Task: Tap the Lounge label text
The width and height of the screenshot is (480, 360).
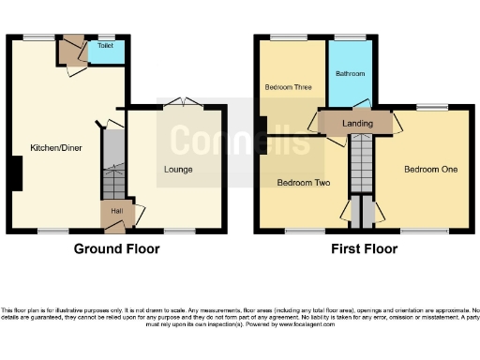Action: coord(178,170)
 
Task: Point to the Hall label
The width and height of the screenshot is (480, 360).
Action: coord(115,212)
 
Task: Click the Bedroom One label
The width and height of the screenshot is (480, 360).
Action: coord(430,170)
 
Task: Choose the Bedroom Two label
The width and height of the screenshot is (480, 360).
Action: coord(300,183)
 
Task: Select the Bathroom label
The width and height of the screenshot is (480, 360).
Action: coord(351,73)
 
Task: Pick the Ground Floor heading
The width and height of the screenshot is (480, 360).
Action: coord(116,249)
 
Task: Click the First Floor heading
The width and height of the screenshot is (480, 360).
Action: coord(364,249)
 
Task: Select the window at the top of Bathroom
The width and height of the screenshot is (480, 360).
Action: coord(351,37)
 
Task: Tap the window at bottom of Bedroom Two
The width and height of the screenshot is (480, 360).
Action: coord(299,231)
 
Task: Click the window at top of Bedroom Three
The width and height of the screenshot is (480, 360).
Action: coord(288,37)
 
